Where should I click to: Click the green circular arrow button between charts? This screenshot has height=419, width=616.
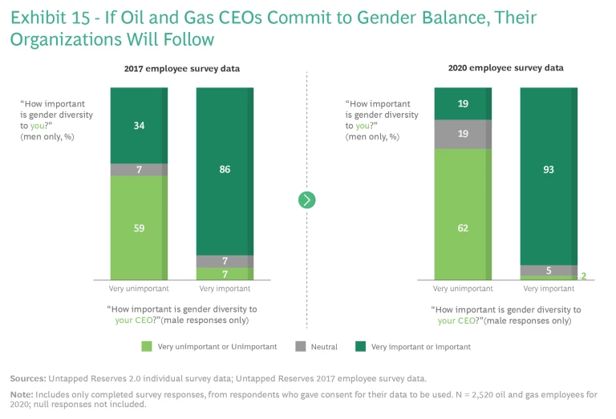[307, 199]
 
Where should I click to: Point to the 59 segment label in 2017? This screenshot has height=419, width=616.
[138, 228]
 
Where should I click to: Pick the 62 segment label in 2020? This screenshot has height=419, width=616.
[462, 228]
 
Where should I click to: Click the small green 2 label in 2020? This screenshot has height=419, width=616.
[584, 276]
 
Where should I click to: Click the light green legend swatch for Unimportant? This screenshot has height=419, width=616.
[146, 347]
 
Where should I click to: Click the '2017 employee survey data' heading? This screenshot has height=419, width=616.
[181, 69]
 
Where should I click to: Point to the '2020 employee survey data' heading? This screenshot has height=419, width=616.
[505, 68]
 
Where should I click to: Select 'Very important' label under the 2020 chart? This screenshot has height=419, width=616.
[542, 288]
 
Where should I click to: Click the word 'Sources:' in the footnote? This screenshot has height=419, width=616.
[27, 377]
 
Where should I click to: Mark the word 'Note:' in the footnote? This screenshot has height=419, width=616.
[22, 394]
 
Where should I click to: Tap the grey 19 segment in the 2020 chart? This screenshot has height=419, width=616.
[462, 135]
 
